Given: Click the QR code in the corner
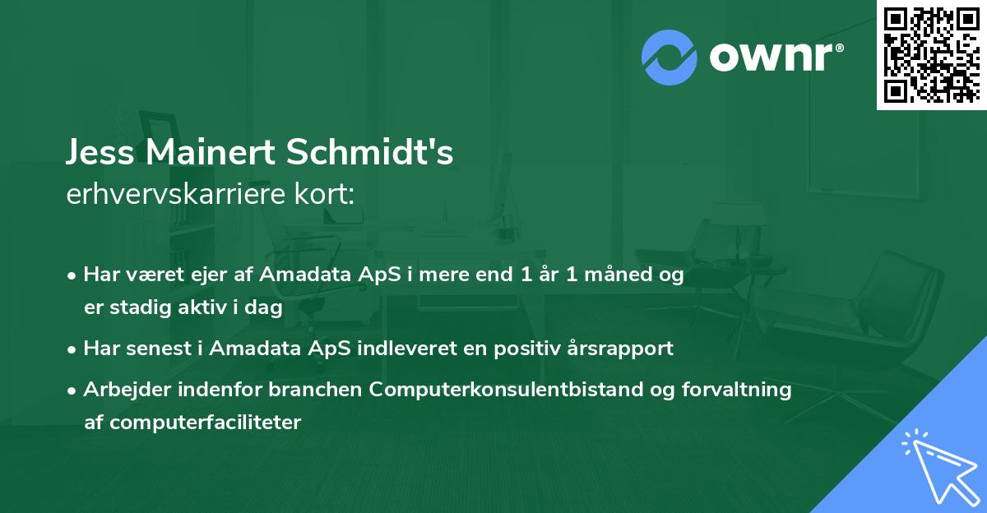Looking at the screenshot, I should [931, 54].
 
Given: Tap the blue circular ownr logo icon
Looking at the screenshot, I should [670, 57].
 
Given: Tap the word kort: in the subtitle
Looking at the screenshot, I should [327, 194].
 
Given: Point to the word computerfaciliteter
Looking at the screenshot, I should [192, 423].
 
